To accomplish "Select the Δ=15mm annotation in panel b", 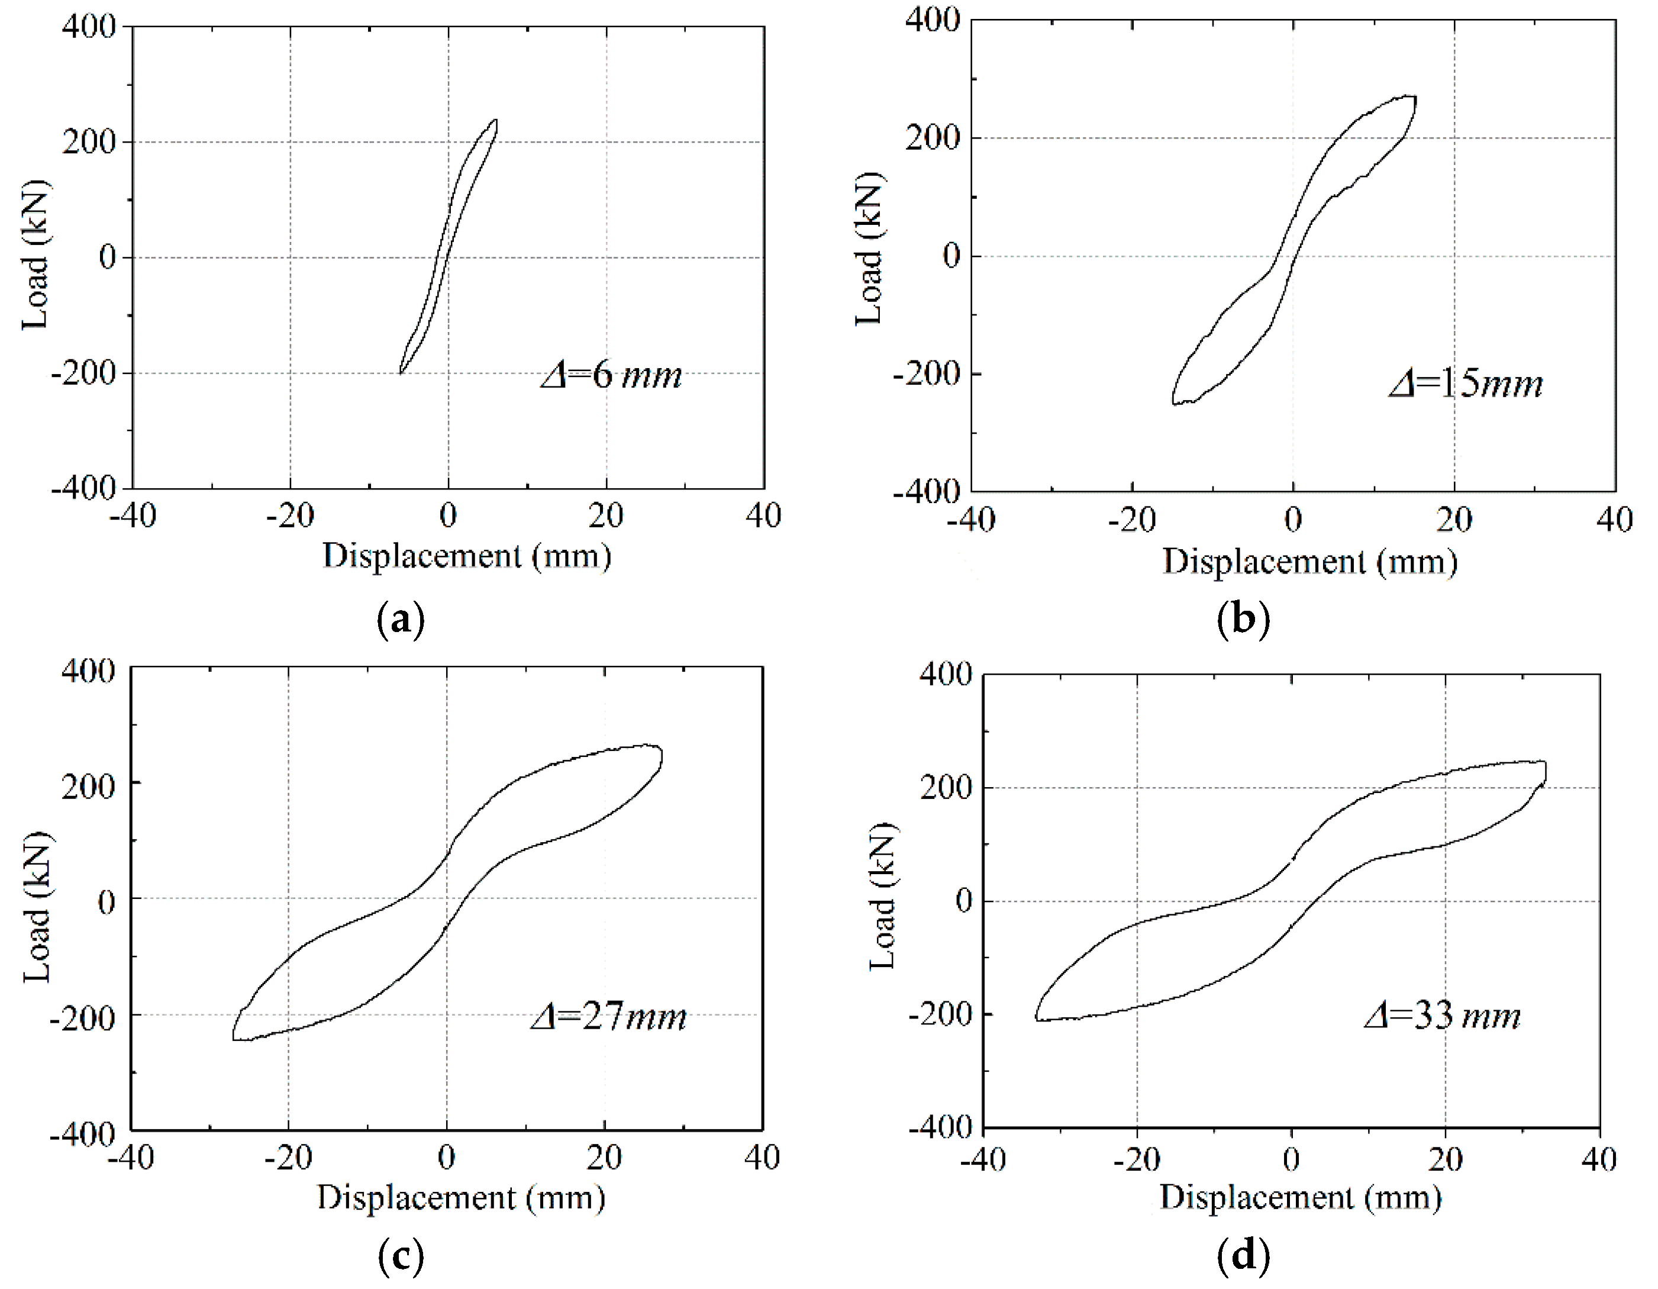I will [1466, 384].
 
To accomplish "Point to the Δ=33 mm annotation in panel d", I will [1443, 1015].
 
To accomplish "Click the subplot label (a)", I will [400, 620].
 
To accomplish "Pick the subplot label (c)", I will [400, 1256].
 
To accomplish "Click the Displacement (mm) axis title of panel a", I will [467, 556].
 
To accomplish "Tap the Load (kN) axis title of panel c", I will [37, 907].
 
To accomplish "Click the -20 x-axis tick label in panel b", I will [1131, 520].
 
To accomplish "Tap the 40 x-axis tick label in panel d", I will [1599, 1159].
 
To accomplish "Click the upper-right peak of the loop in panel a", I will [496, 120].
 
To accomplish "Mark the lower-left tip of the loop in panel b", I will [1173, 403].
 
